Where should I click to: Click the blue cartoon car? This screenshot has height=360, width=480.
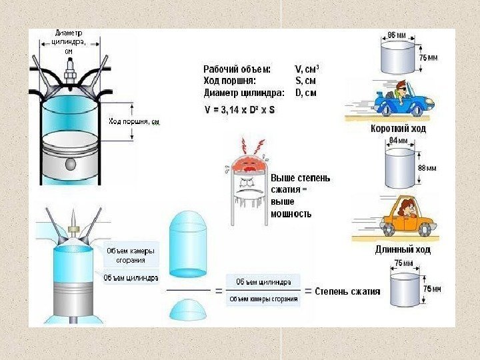tap(399, 101)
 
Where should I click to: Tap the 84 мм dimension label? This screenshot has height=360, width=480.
tap(398, 141)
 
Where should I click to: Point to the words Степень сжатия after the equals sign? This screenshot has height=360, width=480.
tap(347, 291)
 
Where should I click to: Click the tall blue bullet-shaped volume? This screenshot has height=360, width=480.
tap(189, 244)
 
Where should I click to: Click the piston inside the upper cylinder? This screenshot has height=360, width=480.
tap(69, 153)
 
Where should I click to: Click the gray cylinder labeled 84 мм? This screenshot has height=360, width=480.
tap(400, 169)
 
